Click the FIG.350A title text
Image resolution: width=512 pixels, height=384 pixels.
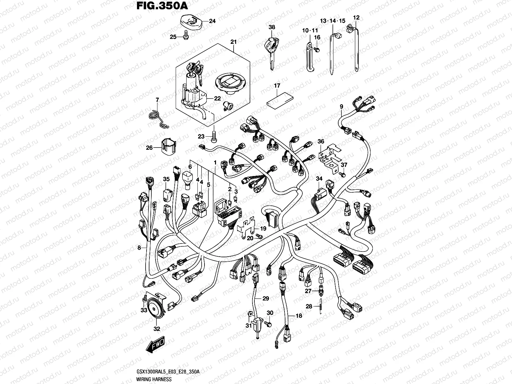[158, 6]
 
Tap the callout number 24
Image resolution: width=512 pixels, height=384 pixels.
[212, 21]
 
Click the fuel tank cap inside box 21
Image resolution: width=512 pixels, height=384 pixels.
[228, 84]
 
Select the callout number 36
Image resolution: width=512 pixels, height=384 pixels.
[321, 141]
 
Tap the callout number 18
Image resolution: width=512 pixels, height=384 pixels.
[299, 316]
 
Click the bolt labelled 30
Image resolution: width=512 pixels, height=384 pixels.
[269, 324]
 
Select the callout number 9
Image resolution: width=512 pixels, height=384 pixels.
[341, 106]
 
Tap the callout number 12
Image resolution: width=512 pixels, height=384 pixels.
[356, 18]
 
